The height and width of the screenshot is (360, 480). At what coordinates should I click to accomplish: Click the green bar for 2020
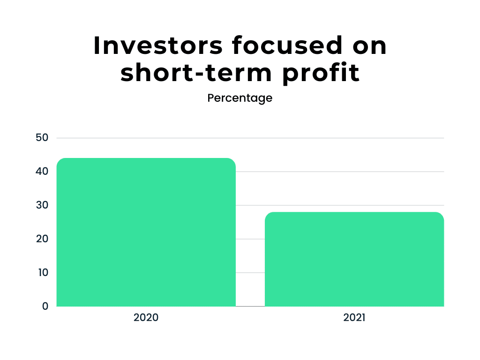(146, 232)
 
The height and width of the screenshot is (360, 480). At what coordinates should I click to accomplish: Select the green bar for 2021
(354, 259)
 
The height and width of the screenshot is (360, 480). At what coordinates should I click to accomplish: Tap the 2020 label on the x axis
(146, 317)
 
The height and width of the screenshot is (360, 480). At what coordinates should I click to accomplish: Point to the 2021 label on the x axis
(354, 317)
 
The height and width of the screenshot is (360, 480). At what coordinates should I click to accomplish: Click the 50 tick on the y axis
(42, 137)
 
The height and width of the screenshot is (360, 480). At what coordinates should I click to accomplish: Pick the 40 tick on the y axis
(42, 171)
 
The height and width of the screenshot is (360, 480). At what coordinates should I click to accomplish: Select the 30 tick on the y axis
(42, 205)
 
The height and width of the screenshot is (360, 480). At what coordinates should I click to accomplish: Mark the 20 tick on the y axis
(42, 239)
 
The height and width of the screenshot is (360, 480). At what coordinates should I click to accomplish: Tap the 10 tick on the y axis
(43, 272)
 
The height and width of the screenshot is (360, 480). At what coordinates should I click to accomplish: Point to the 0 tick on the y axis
(45, 306)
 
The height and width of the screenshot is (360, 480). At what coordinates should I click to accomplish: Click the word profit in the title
(321, 74)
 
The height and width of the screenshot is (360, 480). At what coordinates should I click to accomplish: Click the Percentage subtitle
(240, 98)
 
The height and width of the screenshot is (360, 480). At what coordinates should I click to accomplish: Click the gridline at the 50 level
(250, 138)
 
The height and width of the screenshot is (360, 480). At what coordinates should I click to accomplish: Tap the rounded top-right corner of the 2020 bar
(233, 160)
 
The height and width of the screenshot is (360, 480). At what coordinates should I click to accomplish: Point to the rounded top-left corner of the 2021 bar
(267, 214)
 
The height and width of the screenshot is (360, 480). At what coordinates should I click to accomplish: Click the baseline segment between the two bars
(250, 306)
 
